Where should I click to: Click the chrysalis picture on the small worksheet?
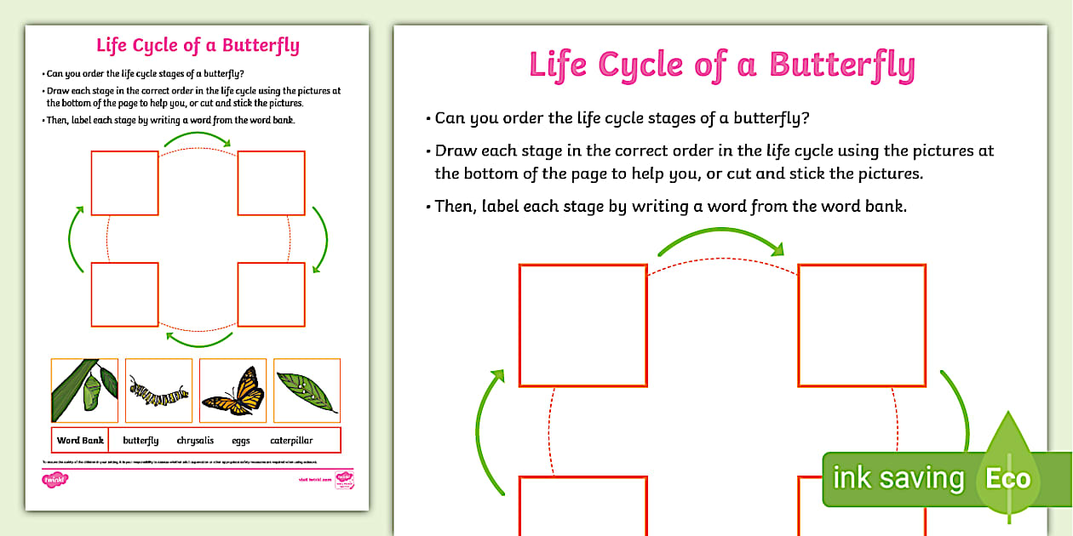[84, 391]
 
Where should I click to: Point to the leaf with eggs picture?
[307, 391]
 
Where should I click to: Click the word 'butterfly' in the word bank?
[141, 441]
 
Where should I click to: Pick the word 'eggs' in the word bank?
[240, 441]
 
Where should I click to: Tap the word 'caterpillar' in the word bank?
[291, 441]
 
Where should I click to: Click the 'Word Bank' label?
[80, 441]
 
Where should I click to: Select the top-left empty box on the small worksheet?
[124, 183]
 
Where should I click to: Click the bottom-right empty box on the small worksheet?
[271, 294]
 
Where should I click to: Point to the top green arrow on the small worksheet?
[198, 138]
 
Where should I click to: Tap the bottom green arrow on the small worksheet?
[198, 341]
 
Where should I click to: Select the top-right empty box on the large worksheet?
[861, 325]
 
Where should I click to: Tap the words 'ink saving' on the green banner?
[898, 478]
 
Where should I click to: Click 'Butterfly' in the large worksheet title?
[841, 65]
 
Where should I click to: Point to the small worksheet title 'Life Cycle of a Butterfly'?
[198, 45]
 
